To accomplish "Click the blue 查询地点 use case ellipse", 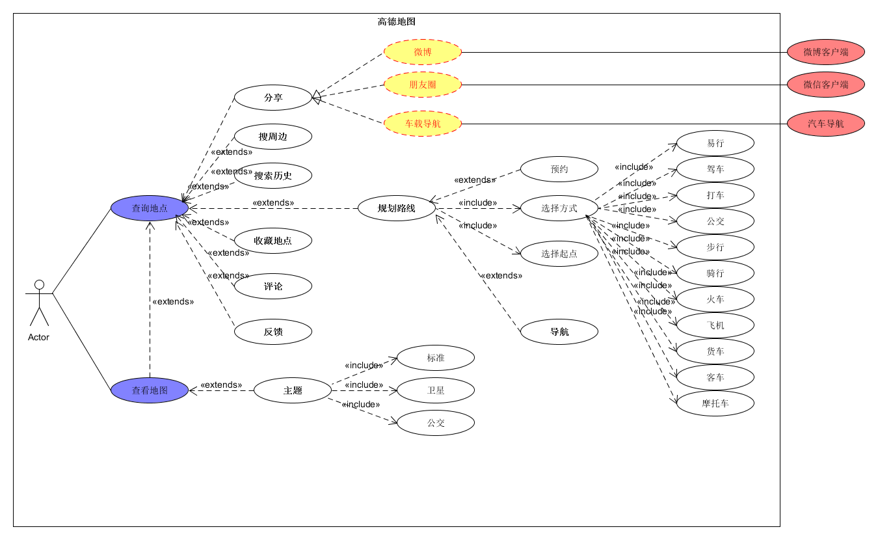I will (x=150, y=208).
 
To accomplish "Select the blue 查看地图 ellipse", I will (x=150, y=390).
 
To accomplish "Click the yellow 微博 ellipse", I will (x=423, y=52).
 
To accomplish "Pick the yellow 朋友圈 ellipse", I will (x=423, y=85).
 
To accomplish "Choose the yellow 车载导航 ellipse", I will (x=423, y=124).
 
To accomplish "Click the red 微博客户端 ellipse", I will (x=826, y=52).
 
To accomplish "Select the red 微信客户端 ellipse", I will (x=826, y=85).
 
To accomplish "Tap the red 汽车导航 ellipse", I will (x=826, y=124).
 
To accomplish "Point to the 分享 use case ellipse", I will (x=273, y=98).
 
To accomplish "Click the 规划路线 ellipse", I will (x=397, y=208).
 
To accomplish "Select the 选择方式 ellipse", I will (x=559, y=208).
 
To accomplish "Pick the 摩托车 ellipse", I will (x=715, y=403).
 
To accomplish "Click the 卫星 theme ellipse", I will (x=436, y=390).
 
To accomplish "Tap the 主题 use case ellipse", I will (x=293, y=390).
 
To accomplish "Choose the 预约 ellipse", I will (x=559, y=169).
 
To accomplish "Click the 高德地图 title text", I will (x=397, y=21).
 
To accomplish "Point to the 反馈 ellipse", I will (x=273, y=332).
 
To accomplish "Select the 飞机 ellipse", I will (x=715, y=325).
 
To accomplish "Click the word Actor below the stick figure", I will (x=38, y=337).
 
